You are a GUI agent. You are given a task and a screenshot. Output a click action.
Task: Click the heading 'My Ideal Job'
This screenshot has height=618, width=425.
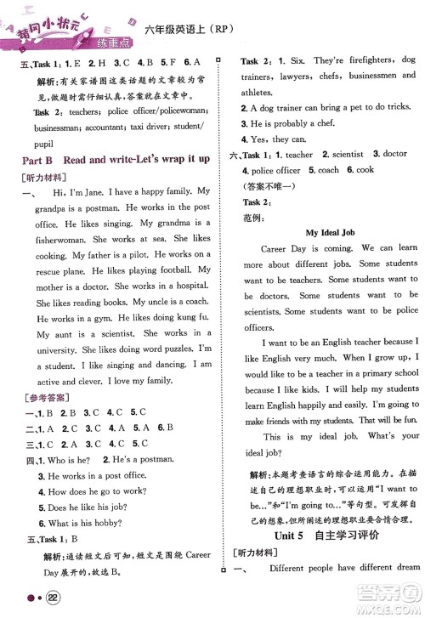pyautogui.click(x=322, y=232)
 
